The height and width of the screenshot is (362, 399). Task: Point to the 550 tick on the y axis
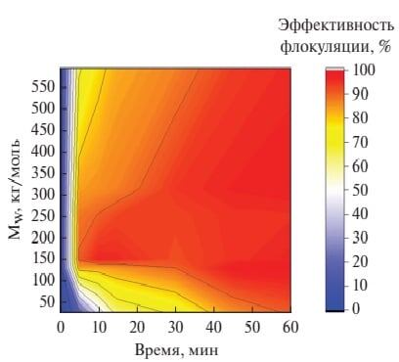click(x=42, y=85)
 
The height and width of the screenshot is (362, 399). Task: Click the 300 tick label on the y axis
click(x=42, y=194)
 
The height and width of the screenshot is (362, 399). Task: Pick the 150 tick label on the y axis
click(x=42, y=259)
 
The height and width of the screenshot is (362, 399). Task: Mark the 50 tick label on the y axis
click(x=46, y=302)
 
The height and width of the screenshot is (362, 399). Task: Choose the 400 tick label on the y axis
click(x=42, y=151)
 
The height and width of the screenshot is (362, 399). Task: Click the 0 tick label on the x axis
click(x=61, y=326)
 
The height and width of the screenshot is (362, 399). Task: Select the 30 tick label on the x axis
click(x=175, y=326)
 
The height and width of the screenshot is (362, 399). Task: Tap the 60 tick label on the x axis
click(x=289, y=326)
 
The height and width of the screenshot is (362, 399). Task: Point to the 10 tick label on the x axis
click(x=99, y=326)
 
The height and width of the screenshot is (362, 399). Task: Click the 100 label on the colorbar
click(x=365, y=70)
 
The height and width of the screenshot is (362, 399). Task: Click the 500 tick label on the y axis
click(x=42, y=107)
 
